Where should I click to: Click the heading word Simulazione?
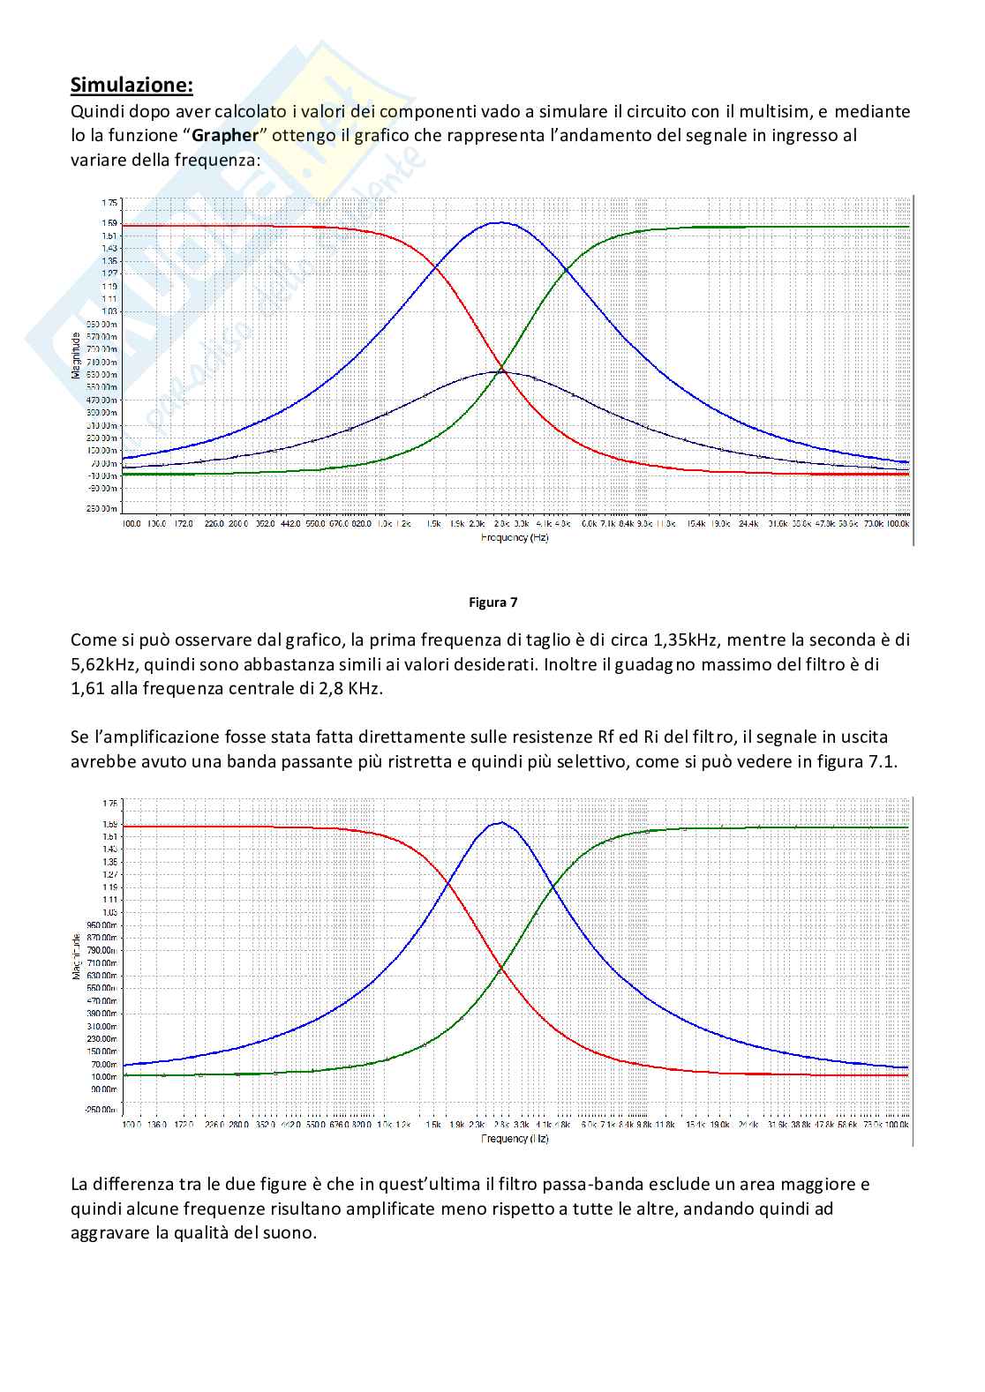tap(131, 86)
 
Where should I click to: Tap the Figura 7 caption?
tap(492, 602)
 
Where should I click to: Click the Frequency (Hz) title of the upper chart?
tap(515, 537)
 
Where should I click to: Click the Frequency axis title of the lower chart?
tap(515, 1139)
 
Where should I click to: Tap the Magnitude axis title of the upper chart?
tap(77, 355)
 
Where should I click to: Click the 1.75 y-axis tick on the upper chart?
tap(109, 202)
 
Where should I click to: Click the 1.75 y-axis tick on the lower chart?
tap(109, 804)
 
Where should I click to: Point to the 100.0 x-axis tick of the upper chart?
tap(132, 524)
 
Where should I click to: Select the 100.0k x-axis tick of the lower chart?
tap(898, 1126)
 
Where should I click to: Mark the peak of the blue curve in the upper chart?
tap(500, 222)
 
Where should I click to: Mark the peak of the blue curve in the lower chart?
tap(501, 822)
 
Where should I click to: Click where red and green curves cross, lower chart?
tap(501, 969)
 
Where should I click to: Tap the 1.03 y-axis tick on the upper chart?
tap(109, 311)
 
